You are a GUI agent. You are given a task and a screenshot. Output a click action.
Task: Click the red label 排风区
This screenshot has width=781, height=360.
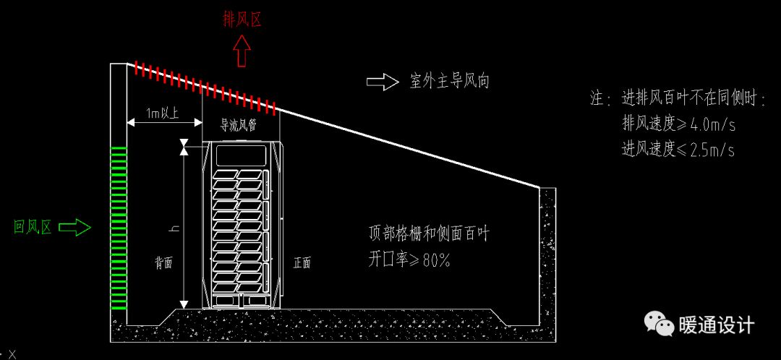[242, 20]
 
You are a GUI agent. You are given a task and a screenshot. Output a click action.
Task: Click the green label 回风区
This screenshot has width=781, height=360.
[33, 228]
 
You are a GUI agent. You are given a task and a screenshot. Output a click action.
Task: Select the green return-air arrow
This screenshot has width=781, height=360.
[74, 228]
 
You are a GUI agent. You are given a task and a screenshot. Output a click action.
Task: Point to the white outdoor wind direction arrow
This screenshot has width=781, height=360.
[383, 82]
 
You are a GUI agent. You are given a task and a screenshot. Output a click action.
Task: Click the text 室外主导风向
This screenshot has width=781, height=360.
[449, 82]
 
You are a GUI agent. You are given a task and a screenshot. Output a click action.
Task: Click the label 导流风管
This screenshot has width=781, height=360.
[239, 125]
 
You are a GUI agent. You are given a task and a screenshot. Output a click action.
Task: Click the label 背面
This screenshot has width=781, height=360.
[163, 263]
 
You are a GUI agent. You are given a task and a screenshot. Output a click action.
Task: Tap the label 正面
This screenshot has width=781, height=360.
[302, 263]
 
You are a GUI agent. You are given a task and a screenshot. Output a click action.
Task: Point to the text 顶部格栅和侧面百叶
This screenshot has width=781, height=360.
[430, 233]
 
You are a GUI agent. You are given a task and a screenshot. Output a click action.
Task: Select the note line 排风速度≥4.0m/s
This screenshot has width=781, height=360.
[678, 124]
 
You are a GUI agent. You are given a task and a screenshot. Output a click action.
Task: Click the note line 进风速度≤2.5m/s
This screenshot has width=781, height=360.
[678, 149]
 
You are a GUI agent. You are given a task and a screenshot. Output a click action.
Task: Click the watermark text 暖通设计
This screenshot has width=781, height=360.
[716, 326]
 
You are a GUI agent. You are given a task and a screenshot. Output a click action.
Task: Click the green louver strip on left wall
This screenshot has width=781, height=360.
[119, 228]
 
